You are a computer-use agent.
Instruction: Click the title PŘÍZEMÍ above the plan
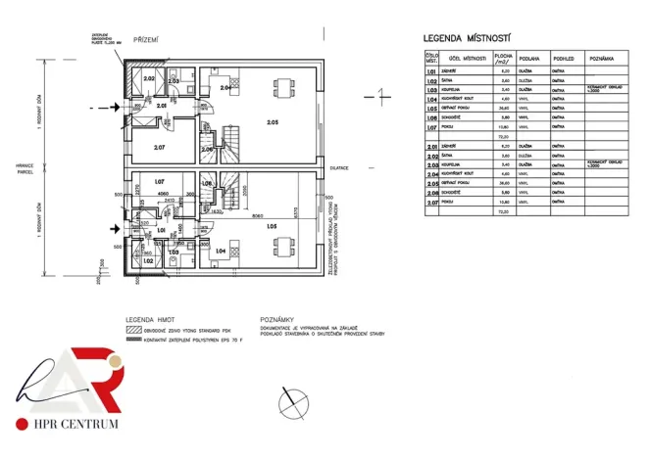tap(146, 39)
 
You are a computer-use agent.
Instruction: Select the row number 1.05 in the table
tap(431, 108)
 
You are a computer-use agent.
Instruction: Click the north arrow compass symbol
tap(291, 400)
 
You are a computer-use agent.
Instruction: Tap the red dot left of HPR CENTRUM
tap(21, 424)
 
